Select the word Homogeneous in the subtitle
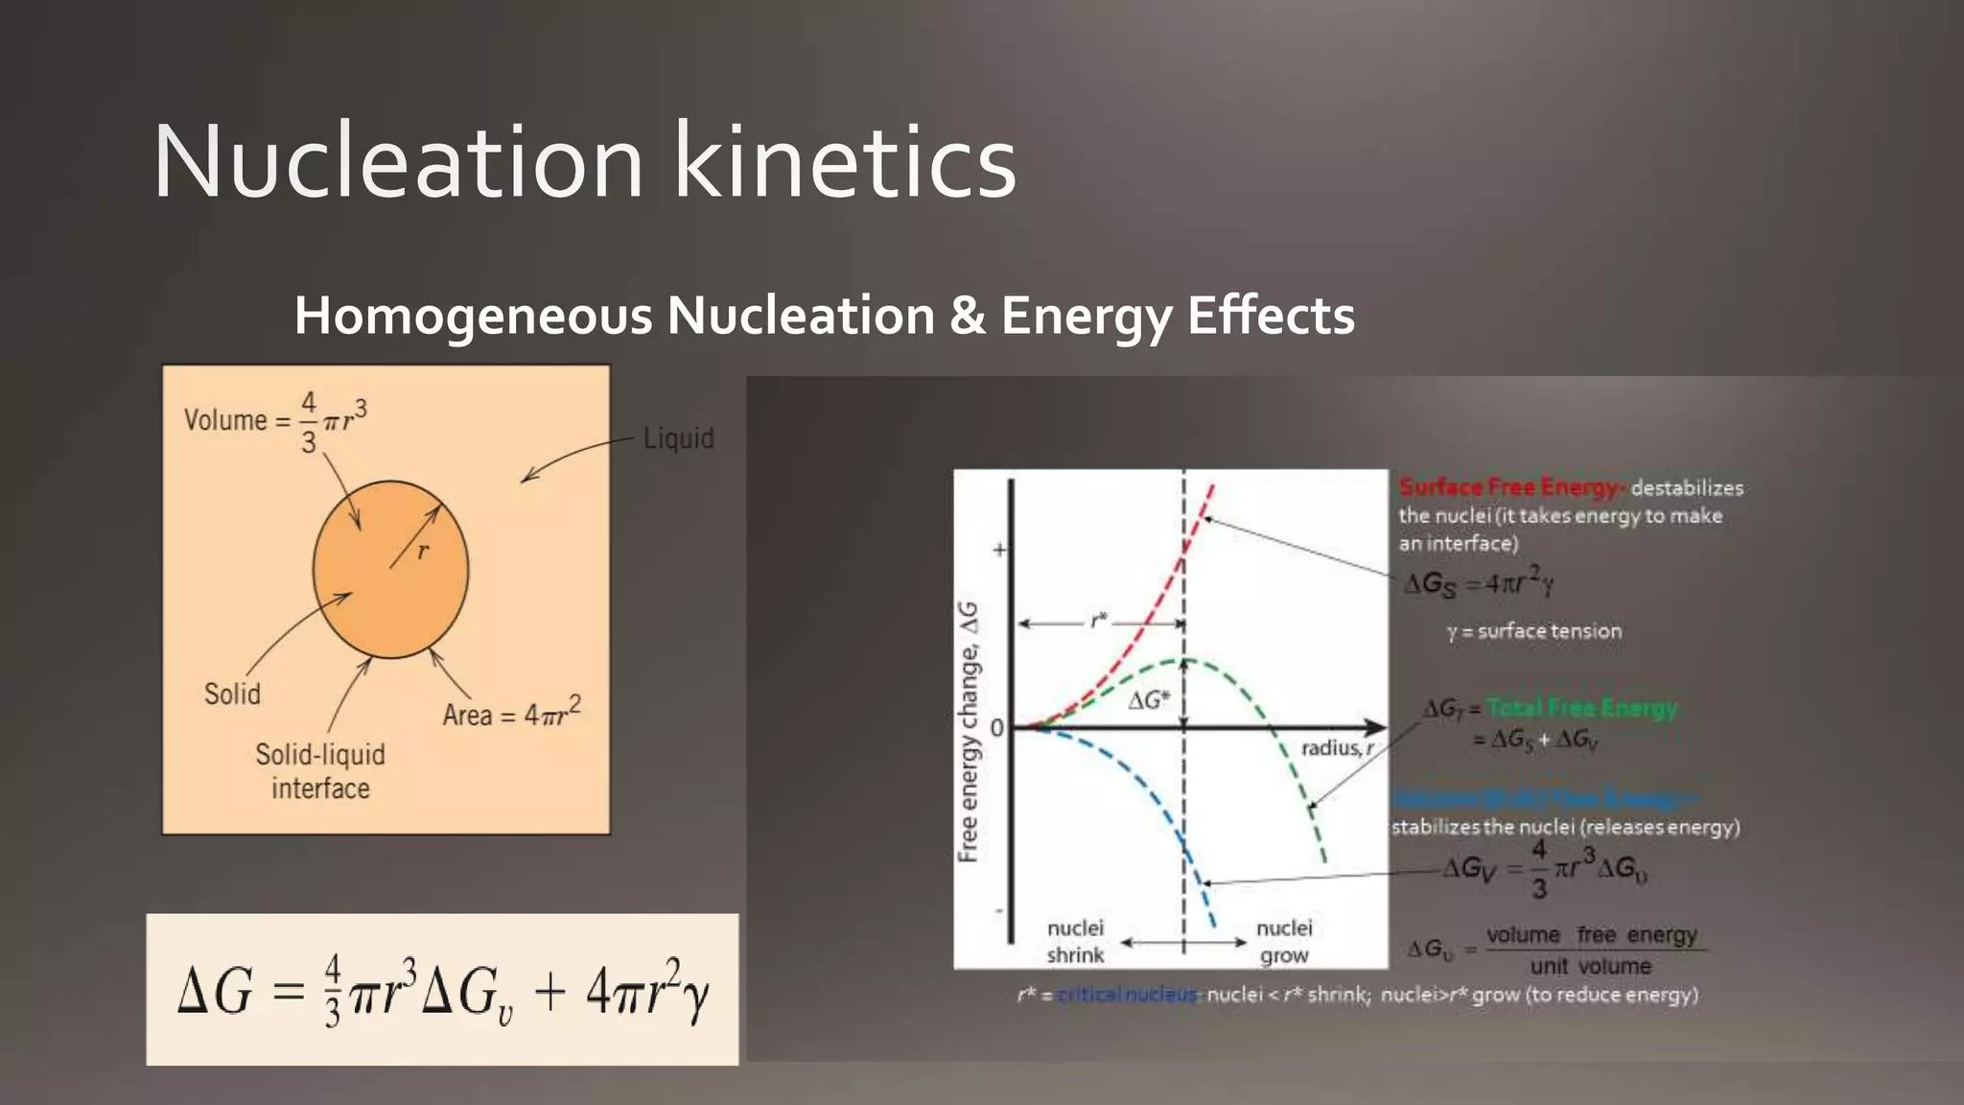[x=471, y=316]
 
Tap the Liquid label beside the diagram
[x=678, y=438]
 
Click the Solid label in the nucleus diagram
[x=232, y=694]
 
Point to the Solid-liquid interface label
[x=320, y=771]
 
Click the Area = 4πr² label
[x=511, y=713]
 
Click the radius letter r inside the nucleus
[x=423, y=551]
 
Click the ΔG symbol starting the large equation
[x=215, y=991]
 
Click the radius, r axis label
[x=1337, y=748]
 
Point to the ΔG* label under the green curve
[x=1148, y=700]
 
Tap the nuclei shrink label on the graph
[x=1075, y=941]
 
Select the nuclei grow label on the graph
[x=1284, y=941]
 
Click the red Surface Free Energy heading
[x=1510, y=487]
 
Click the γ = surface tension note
[x=1534, y=631]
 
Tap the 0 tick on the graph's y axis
[x=997, y=728]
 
